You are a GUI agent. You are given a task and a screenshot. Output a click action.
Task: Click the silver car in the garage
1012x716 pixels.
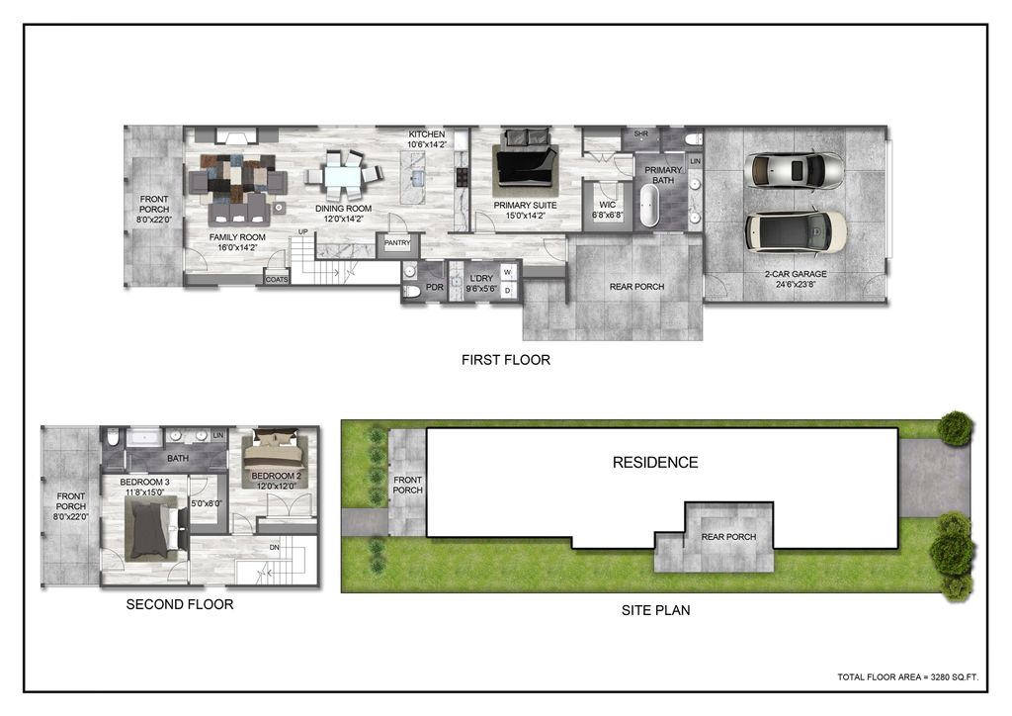(x=796, y=170)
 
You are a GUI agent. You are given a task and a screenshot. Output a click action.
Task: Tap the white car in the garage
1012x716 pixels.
(x=796, y=231)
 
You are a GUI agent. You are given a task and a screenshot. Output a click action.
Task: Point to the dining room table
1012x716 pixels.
(x=343, y=179)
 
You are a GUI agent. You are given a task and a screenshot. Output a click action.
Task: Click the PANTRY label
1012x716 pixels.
(x=397, y=241)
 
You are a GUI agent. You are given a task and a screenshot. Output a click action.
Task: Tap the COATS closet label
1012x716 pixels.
(x=276, y=280)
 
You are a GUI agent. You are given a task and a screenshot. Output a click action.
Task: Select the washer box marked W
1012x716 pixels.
(x=506, y=271)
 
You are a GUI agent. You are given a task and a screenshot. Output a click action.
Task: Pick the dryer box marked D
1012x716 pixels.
(x=506, y=291)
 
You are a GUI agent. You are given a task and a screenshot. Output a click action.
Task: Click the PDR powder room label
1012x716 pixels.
(x=434, y=288)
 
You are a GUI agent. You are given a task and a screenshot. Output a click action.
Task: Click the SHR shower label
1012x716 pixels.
(x=640, y=134)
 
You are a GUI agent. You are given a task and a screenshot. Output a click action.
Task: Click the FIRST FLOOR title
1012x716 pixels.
(x=505, y=360)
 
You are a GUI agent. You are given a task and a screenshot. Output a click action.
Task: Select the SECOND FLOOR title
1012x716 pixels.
(x=180, y=603)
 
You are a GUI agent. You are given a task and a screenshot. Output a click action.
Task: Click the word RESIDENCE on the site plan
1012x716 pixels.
(x=654, y=462)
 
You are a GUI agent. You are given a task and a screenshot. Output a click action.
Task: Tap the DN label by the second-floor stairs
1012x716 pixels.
(x=274, y=547)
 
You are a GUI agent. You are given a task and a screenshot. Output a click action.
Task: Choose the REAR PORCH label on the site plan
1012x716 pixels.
(x=728, y=537)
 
